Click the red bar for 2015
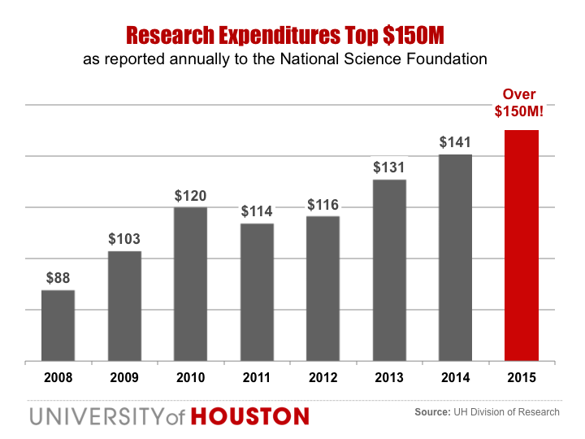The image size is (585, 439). (522, 245)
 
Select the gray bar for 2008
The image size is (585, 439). (58, 325)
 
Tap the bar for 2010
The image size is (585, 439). (190, 284)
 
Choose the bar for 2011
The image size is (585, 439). (257, 292)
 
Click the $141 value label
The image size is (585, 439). (455, 142)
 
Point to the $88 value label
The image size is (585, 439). (58, 278)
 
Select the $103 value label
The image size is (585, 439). (124, 239)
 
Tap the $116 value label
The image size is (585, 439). (323, 204)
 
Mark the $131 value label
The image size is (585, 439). (389, 167)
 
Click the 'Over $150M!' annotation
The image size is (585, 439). (521, 103)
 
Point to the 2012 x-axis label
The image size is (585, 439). (323, 377)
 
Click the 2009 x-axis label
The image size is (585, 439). (124, 377)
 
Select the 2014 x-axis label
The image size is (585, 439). (455, 377)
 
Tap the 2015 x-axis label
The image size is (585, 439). (522, 377)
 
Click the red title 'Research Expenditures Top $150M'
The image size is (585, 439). (286, 35)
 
